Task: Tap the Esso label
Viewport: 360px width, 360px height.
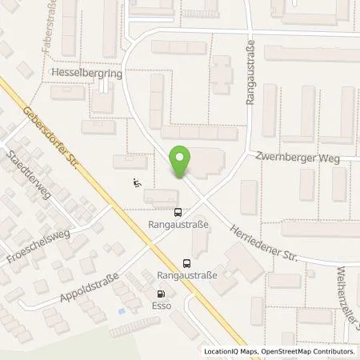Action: [162, 304]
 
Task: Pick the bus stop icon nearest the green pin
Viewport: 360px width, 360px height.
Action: [178, 213]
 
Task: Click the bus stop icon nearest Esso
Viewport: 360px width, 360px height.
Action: [187, 262]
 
